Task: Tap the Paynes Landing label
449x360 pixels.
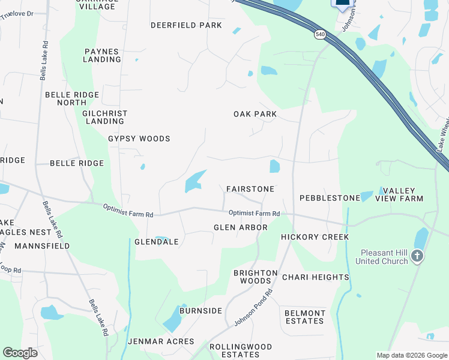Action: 102,56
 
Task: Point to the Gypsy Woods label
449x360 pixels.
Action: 139,139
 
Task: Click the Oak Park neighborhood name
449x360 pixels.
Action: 255,114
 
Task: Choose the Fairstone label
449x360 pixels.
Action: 250,189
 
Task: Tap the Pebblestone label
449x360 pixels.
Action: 330,198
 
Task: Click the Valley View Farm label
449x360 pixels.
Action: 399,194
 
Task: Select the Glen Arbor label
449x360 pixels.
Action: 241,227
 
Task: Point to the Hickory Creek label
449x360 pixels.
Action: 315,237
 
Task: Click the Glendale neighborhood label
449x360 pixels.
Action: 157,242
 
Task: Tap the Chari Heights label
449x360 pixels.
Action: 315,277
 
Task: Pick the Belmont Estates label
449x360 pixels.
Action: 305,317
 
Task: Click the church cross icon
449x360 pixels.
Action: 418,257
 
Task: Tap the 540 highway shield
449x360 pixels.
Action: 320,35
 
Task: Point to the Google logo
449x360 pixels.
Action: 20,352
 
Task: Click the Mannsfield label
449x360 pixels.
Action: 42,246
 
